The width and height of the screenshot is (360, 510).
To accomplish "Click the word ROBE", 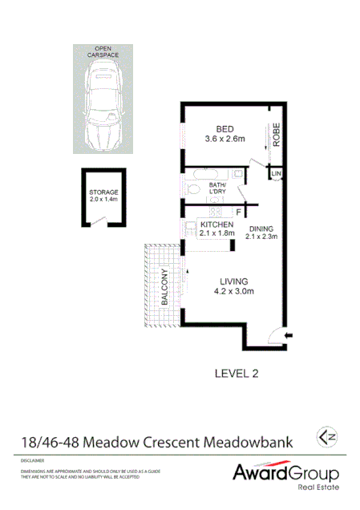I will [276, 135].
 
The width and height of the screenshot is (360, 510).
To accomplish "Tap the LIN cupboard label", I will [276, 174].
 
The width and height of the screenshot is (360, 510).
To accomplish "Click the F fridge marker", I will [237, 212].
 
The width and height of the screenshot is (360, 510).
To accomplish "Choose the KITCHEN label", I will [216, 224].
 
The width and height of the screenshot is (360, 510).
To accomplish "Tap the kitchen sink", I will [216, 212].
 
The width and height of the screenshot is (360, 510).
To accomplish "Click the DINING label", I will [261, 229].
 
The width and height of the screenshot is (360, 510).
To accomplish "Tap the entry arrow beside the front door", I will [289, 334].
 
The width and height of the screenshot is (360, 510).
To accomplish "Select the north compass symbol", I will [326, 437].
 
